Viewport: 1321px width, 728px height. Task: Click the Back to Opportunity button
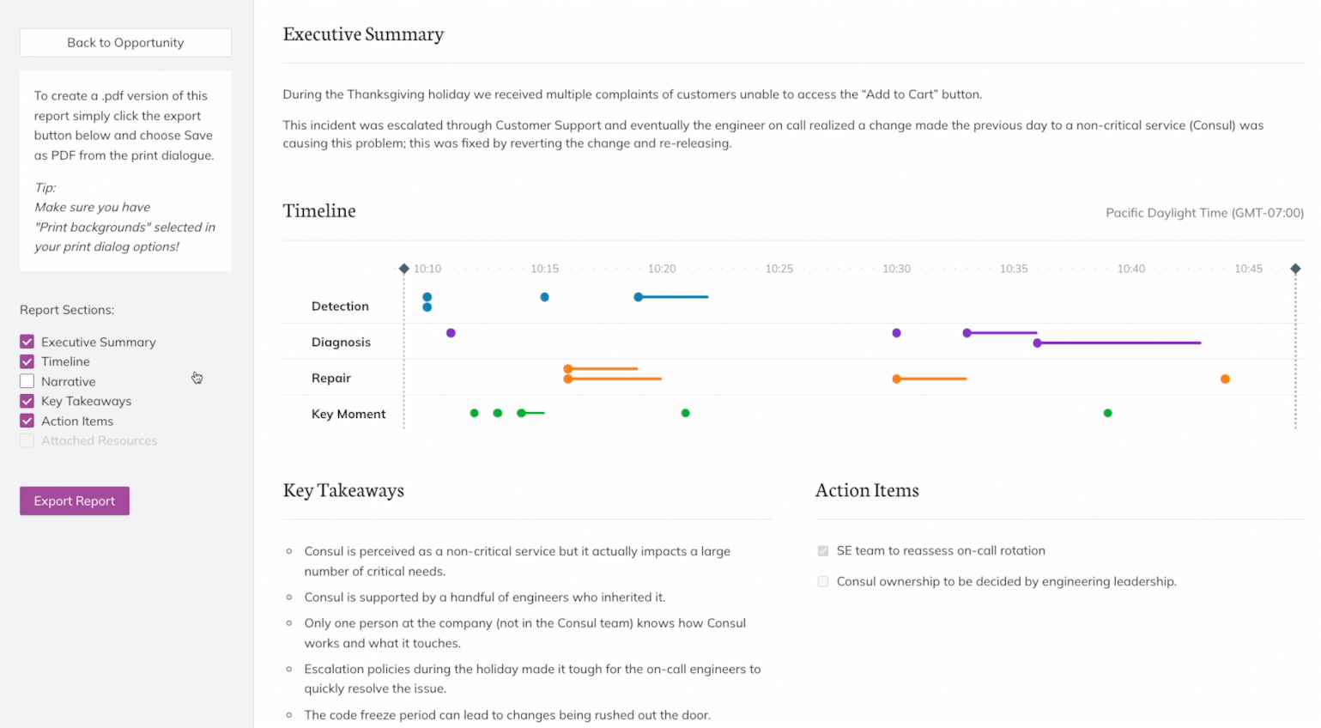[x=125, y=43]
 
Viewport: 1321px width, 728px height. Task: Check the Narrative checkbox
[x=27, y=381]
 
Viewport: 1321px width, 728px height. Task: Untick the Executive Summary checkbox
[x=27, y=342]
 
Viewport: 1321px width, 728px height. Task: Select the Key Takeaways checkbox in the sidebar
[x=27, y=401]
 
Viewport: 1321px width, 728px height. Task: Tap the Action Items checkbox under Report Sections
[x=27, y=421]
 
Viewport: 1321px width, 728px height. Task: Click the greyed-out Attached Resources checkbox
[x=27, y=440]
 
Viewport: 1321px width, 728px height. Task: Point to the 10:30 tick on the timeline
[x=896, y=269]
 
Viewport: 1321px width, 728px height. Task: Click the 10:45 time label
[x=1248, y=269]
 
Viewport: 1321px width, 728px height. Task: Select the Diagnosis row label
[x=341, y=342]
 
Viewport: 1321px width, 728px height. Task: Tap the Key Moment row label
[x=348, y=414]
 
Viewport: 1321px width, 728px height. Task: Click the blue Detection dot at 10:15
[x=544, y=297]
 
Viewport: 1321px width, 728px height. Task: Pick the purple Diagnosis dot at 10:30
[x=896, y=333]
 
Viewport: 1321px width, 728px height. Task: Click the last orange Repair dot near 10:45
[x=1225, y=379]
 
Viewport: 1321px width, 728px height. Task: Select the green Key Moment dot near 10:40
[x=1107, y=413]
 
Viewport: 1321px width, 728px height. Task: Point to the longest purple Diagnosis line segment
[x=1119, y=343]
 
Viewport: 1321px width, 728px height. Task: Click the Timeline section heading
[x=319, y=211]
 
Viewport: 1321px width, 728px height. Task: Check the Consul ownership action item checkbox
[x=823, y=581]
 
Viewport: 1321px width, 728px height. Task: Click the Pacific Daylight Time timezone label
[x=1203, y=213]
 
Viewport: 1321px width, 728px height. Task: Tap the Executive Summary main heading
[x=363, y=34]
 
